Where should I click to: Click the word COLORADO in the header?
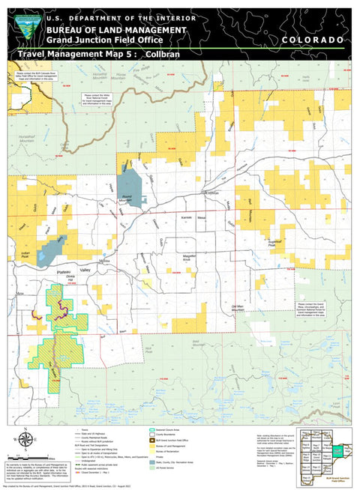coord(313,39)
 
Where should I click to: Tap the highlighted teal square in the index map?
coord(338,451)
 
